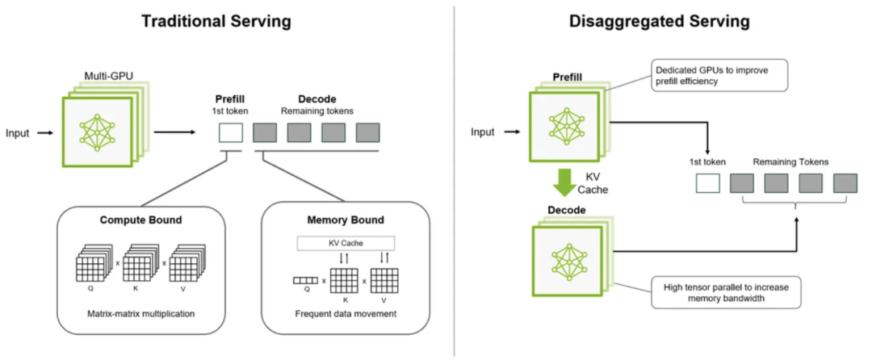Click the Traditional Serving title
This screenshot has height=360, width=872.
click(216, 21)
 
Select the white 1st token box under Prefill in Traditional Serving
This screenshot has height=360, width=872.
click(230, 132)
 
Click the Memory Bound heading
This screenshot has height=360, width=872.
click(345, 220)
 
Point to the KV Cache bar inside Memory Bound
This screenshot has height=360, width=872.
click(345, 243)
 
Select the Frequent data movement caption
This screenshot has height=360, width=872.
click(345, 313)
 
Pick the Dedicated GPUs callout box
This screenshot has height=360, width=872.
click(718, 76)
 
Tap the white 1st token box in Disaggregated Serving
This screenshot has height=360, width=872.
click(706, 183)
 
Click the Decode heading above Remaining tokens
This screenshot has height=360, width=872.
click(312, 98)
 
